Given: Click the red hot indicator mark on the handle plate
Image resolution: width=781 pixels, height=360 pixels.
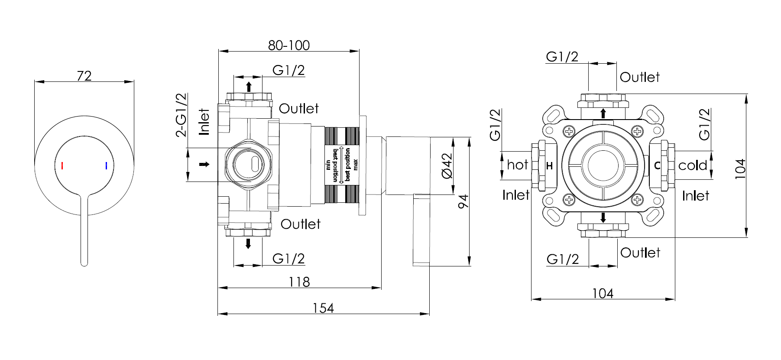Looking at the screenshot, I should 62,165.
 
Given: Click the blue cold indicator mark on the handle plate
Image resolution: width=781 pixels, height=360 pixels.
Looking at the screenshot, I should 106,165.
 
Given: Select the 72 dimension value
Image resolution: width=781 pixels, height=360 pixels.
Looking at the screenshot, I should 84,76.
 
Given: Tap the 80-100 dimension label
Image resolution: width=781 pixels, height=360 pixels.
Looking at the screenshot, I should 289,45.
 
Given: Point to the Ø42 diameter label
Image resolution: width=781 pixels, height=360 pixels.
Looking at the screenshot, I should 447,165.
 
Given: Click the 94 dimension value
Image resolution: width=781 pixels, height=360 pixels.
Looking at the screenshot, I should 463,201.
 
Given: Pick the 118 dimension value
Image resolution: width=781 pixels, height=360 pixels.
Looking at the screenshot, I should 299,282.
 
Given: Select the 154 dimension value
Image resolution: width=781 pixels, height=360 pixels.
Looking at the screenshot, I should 323,308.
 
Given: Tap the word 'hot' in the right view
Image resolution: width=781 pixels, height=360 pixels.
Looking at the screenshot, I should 517,165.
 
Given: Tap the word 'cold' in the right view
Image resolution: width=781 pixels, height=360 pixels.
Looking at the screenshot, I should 692,165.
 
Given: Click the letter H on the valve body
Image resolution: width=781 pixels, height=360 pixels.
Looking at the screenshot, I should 549,165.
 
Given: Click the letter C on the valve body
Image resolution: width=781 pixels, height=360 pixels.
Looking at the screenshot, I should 657,165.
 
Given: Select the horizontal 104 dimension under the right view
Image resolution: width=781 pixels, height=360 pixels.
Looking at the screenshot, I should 603,294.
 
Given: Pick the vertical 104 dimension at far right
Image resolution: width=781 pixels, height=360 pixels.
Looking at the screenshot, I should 740,169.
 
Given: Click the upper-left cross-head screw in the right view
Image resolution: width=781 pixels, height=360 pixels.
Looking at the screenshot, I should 569,131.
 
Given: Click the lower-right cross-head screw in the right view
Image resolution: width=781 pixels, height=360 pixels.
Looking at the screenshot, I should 637,199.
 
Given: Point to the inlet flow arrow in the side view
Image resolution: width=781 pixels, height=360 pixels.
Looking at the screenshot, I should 204,164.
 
